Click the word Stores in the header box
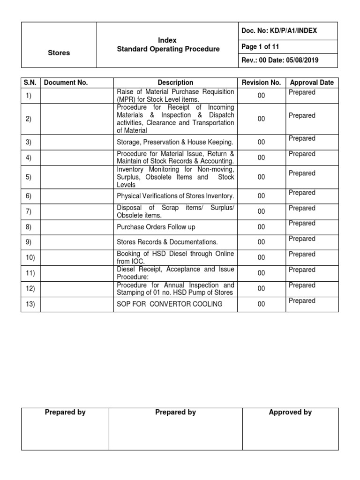(59, 53)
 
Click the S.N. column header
(30, 82)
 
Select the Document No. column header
(66, 82)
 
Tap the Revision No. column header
(261, 82)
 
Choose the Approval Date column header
(312, 82)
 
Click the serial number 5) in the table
(29, 177)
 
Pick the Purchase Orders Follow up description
(156, 227)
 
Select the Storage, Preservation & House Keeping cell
(174, 142)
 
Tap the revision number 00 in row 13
(261, 304)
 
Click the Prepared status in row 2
(302, 115)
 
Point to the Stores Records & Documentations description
(167, 242)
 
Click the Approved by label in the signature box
(290, 412)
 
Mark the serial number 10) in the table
(30, 257)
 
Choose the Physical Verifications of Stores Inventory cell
(175, 196)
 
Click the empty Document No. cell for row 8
(77, 227)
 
